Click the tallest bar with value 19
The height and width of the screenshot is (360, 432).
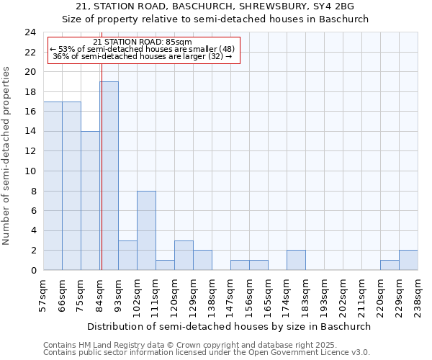coord(109,176)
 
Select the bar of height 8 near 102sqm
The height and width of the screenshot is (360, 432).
coord(146,230)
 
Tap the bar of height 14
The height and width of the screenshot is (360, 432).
coord(90,201)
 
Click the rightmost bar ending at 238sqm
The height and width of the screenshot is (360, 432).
coord(408,261)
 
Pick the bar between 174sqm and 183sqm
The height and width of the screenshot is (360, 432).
coord(296,261)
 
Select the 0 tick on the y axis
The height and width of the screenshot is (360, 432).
coord(32,271)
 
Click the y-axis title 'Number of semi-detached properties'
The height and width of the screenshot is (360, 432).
coord(8,156)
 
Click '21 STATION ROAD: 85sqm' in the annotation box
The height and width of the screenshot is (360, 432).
coord(143,42)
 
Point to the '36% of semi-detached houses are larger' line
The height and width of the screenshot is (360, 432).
coord(143,56)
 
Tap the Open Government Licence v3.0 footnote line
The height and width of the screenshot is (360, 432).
coord(207,353)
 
